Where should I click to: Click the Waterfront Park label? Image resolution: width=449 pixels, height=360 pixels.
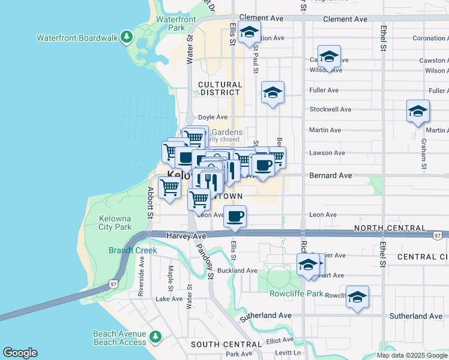(x=176, y=23)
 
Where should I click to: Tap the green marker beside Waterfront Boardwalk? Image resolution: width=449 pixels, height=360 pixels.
(x=126, y=38)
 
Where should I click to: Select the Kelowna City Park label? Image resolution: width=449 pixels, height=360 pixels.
(x=115, y=223)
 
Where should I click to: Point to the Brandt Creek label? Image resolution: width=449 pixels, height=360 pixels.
(x=133, y=250)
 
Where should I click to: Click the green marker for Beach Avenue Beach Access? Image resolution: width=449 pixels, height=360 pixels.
(x=155, y=337)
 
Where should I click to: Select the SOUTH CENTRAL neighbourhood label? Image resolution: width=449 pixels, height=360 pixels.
(x=227, y=344)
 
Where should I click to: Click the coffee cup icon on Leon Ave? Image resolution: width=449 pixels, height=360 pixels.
(x=235, y=215)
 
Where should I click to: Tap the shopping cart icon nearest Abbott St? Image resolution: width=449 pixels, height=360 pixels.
(x=170, y=187)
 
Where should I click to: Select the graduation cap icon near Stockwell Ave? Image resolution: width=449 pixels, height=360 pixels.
(x=418, y=111)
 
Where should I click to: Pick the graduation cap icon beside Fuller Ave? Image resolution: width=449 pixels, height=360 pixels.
(x=273, y=92)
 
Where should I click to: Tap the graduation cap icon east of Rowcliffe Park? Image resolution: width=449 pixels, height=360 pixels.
(x=357, y=297)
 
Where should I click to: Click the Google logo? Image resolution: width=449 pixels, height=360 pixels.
(x=20, y=353)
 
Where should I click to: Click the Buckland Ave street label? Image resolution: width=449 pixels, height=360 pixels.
(x=237, y=271)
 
